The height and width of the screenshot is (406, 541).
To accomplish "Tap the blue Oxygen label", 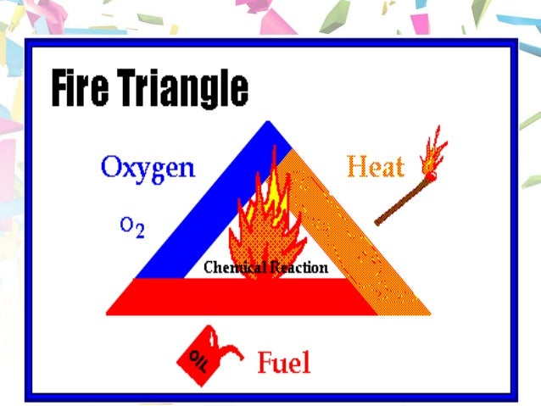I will [148, 167].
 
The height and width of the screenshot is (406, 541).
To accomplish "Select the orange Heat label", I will [375, 167].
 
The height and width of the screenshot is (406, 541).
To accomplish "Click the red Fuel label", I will [283, 363].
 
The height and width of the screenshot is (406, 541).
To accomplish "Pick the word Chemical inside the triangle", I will [231, 268].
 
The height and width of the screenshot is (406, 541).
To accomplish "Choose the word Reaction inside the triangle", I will [296, 268].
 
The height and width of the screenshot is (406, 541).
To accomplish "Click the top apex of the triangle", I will [270, 126].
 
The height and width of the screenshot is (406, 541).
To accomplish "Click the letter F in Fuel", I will [265, 363].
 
